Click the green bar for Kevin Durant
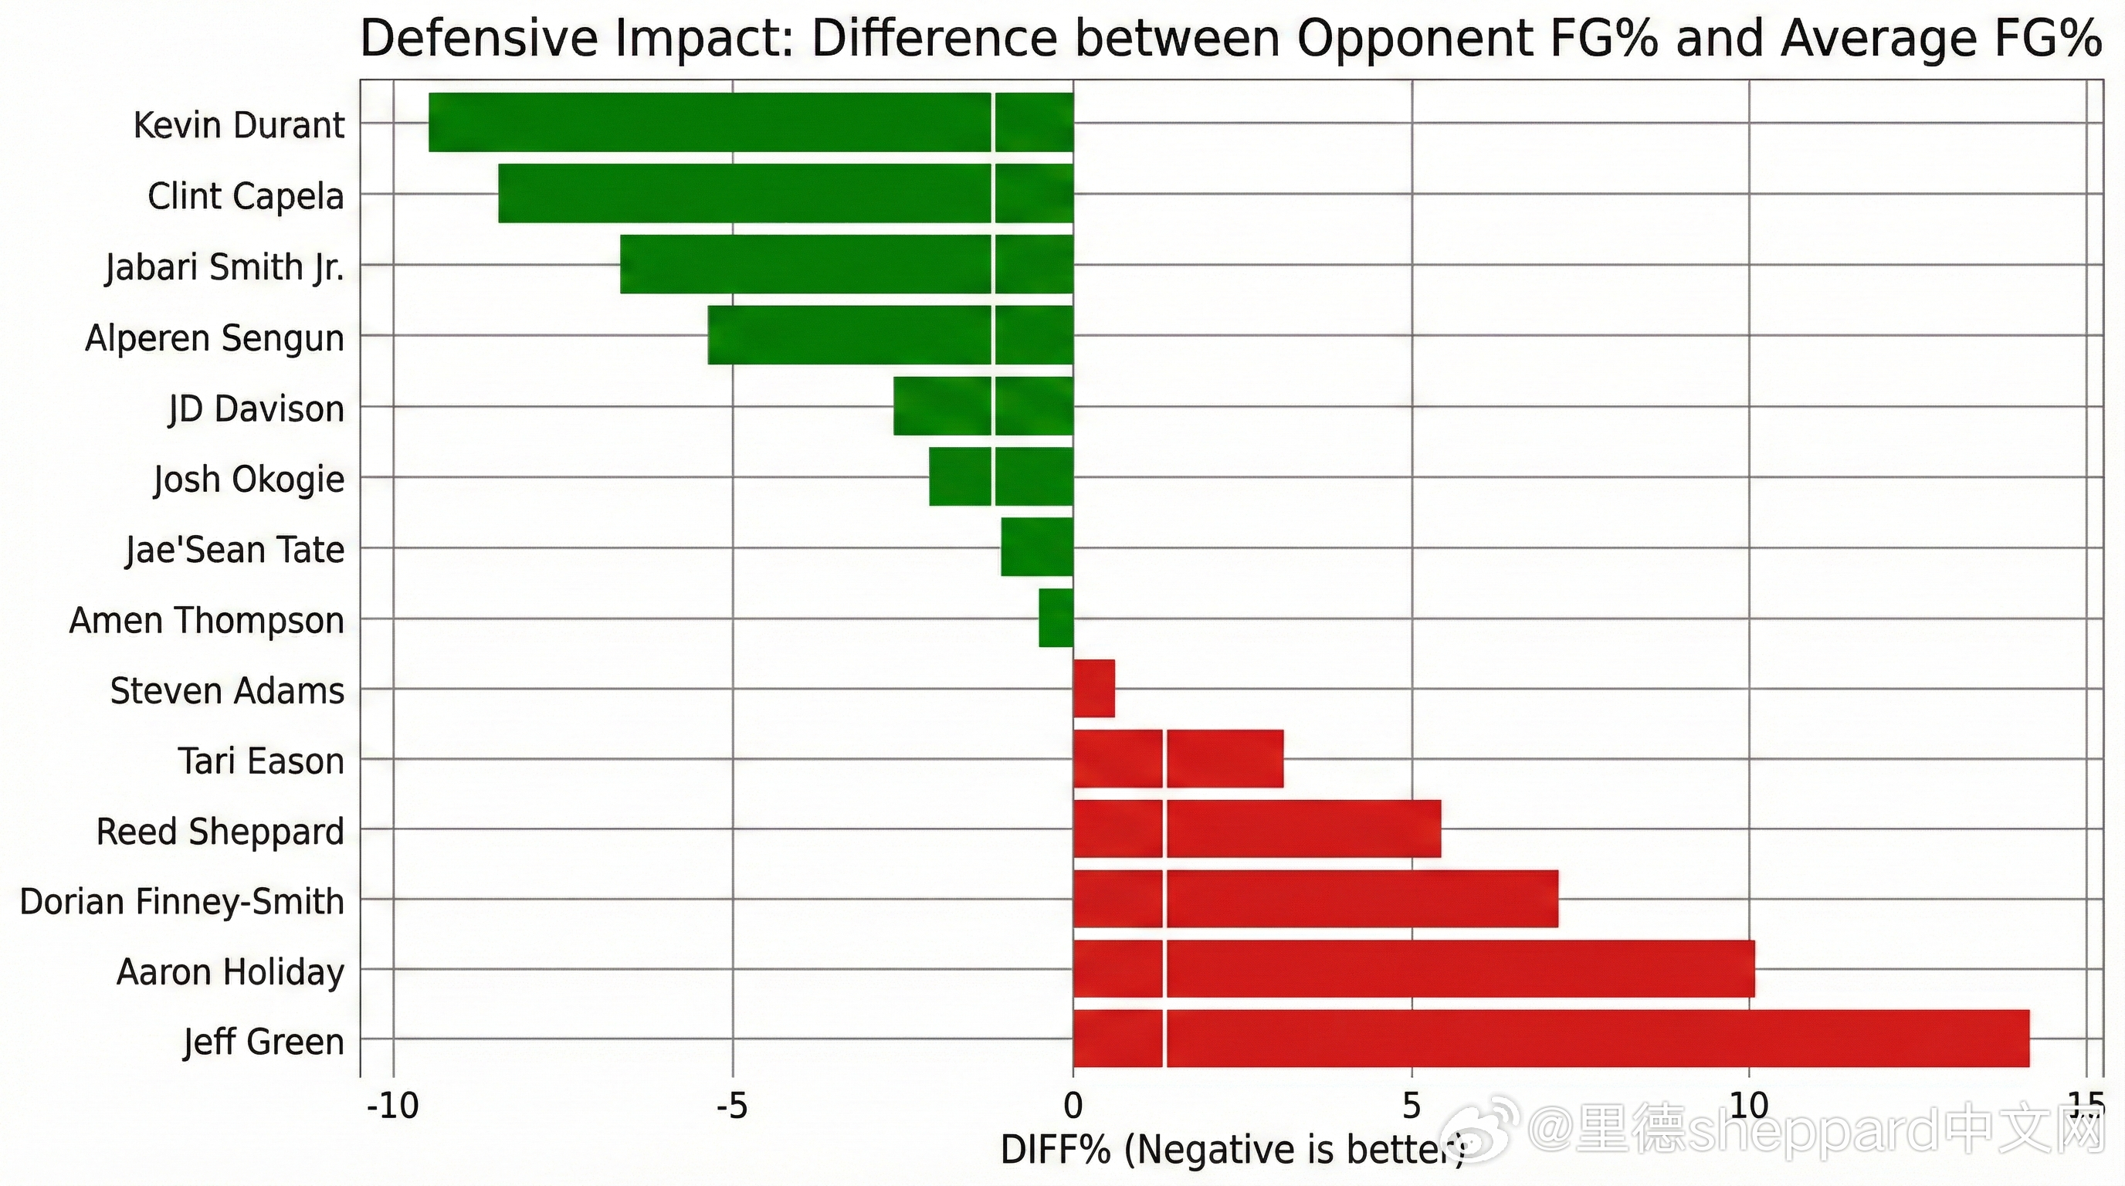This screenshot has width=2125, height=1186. [x=751, y=122]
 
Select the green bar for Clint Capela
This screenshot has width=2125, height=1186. [x=785, y=193]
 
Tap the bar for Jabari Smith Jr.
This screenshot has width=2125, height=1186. [x=846, y=264]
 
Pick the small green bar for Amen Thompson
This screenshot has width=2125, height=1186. [x=1056, y=618]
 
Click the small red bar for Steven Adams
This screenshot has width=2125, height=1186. [x=1094, y=689]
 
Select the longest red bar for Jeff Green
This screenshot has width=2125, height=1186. [x=1551, y=1039]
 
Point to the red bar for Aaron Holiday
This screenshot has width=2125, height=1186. [x=1413, y=968]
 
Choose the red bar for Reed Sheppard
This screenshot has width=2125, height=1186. [x=1256, y=829]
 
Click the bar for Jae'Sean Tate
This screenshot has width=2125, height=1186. [x=1037, y=547]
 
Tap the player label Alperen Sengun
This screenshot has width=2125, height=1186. [x=215, y=338]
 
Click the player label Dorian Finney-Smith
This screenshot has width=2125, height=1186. [x=181, y=901]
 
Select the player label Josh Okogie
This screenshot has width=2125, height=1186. [x=249, y=479]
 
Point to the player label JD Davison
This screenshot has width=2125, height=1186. [x=256, y=409]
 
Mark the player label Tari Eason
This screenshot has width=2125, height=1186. [x=261, y=761]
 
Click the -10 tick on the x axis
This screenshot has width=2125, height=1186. [x=393, y=1105]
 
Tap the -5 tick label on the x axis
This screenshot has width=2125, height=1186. [x=732, y=1105]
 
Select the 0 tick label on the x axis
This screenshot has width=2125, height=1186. [x=1073, y=1105]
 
